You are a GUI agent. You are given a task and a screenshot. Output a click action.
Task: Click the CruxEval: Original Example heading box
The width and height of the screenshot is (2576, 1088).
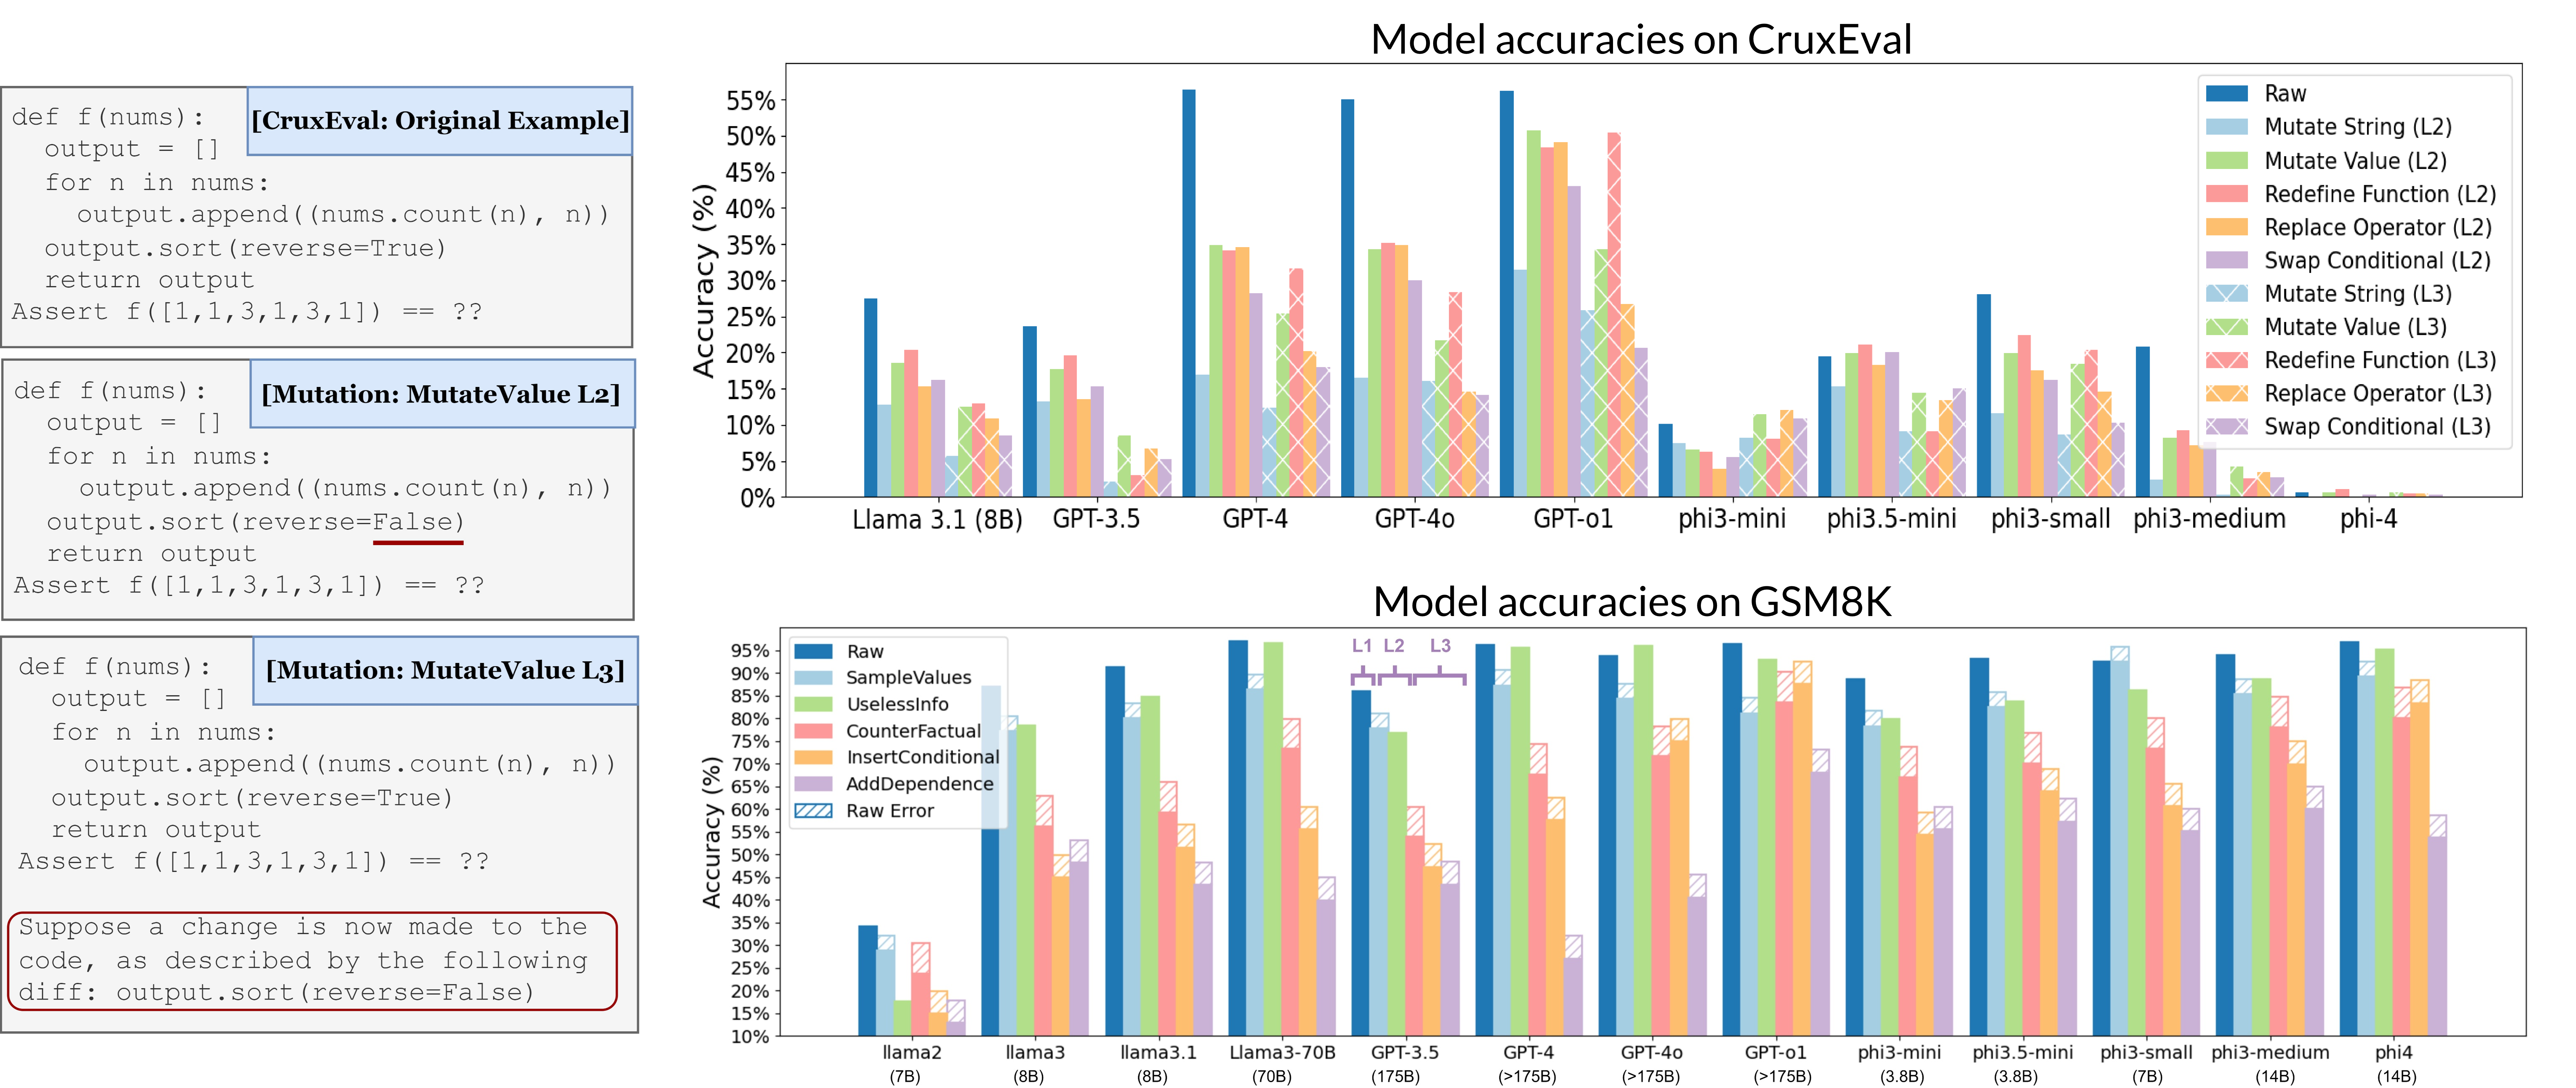(x=440, y=121)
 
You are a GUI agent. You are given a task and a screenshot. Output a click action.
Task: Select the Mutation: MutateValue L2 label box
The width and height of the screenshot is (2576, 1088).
(x=441, y=394)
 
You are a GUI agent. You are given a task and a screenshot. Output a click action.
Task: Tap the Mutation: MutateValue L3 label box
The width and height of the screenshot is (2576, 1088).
(x=445, y=670)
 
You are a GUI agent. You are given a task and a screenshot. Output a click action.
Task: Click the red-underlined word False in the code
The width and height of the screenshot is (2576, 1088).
(x=418, y=522)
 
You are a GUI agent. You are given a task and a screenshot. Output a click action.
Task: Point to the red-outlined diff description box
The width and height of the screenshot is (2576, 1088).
(x=312, y=960)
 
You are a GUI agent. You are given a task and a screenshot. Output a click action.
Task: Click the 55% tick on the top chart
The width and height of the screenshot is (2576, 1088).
(x=750, y=101)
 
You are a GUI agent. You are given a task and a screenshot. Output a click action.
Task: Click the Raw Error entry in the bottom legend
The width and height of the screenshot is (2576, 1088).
(x=889, y=811)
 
